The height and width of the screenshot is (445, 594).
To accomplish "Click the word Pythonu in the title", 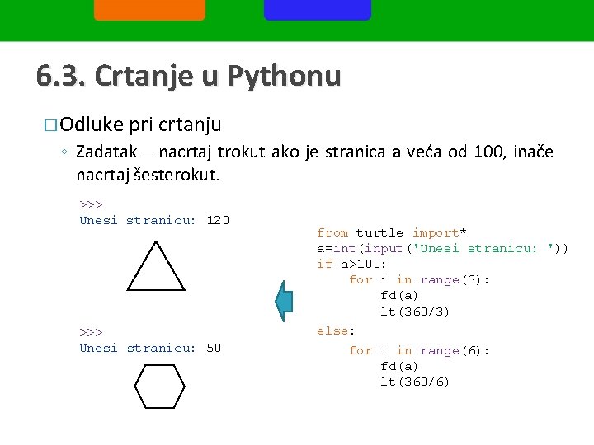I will [x=283, y=76].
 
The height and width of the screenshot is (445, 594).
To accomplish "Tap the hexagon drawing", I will [x=159, y=387].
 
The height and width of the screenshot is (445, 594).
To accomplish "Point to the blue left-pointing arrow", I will [x=284, y=302].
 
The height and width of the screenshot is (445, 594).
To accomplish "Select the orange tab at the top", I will [x=149, y=9].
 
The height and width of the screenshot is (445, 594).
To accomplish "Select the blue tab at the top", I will [x=318, y=9].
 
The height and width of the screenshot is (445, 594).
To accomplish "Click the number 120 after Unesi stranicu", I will [x=218, y=220].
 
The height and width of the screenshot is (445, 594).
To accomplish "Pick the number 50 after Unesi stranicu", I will [x=214, y=348].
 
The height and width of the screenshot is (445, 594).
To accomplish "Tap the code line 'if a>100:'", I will [x=352, y=264].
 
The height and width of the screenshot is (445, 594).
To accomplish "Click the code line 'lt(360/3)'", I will [x=415, y=311].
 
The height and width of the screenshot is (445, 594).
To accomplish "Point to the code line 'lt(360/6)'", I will [x=415, y=382].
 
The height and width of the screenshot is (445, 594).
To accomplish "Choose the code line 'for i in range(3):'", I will [x=419, y=280].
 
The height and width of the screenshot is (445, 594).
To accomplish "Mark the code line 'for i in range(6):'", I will [x=419, y=351].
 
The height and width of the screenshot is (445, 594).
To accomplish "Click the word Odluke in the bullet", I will [x=92, y=125].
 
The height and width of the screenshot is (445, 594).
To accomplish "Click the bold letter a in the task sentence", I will [x=396, y=152].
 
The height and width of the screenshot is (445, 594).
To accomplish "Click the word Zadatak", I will [x=108, y=152].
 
